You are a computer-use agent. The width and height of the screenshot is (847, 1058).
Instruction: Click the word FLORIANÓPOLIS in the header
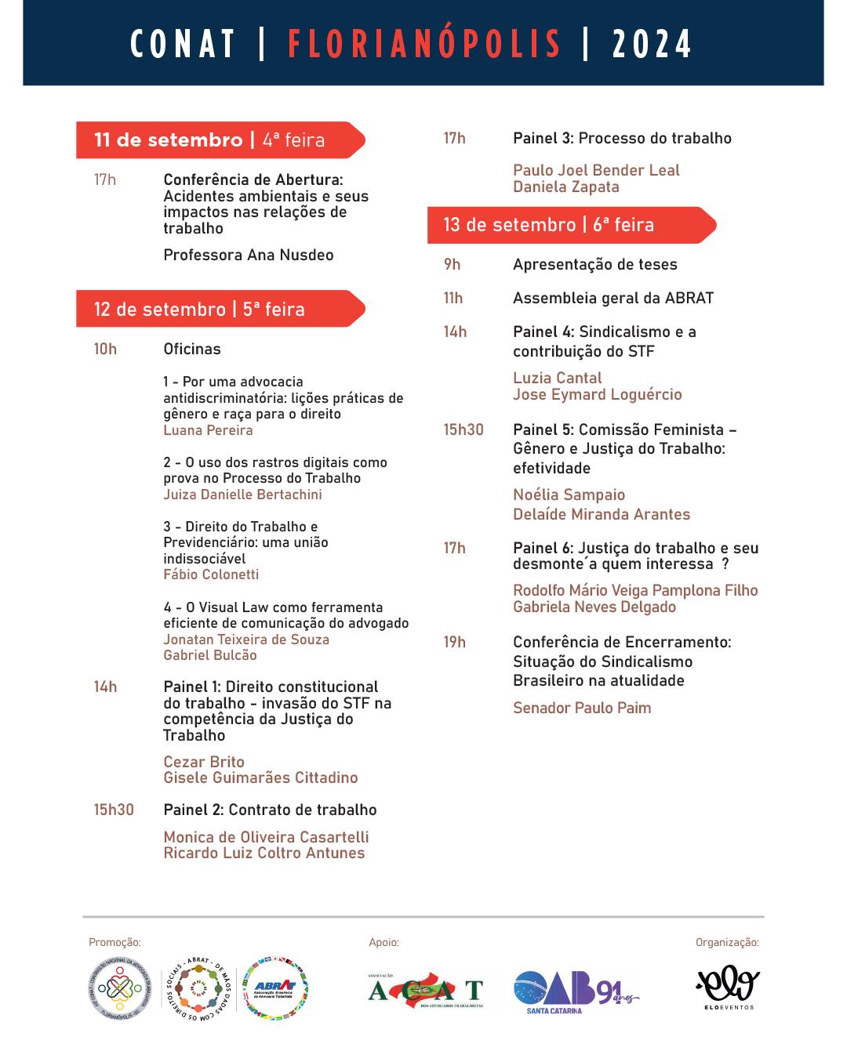coord(424,44)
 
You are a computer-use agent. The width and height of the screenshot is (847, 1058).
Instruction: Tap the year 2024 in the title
coord(652,44)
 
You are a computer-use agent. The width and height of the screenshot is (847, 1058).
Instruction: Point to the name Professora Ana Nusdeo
coord(249,255)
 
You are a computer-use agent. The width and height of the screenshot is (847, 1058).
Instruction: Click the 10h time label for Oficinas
coord(105,349)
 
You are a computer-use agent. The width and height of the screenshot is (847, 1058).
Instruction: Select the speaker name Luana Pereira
coord(208,430)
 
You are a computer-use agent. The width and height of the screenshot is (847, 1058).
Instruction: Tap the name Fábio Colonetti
coord(211,574)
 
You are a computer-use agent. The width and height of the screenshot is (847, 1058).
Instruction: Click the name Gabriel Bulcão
coord(210,655)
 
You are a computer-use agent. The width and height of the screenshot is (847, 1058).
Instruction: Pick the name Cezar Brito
coord(204,762)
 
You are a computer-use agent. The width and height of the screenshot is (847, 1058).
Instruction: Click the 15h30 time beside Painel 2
coord(114,810)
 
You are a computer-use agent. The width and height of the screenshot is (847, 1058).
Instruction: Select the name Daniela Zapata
coord(566,187)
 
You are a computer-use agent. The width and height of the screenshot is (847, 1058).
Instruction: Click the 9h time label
coord(453,264)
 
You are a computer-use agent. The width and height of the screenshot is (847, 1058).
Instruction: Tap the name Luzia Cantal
coord(558,378)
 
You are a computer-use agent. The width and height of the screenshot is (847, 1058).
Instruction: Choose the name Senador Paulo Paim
coord(582,708)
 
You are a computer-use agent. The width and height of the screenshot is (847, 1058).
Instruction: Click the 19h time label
coord(455,642)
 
